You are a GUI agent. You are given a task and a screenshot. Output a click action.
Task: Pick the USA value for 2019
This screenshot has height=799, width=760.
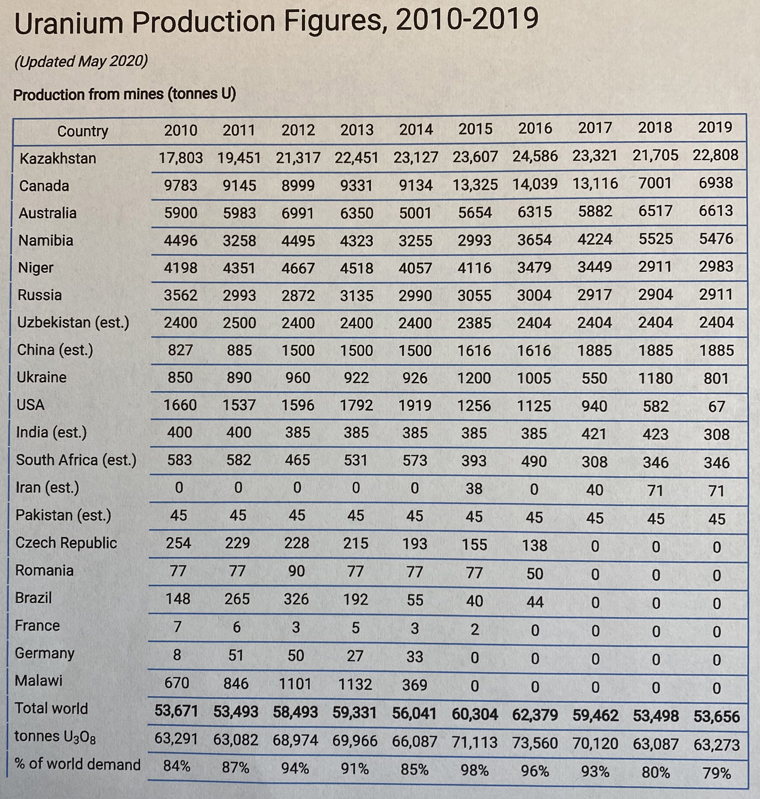click(x=716, y=406)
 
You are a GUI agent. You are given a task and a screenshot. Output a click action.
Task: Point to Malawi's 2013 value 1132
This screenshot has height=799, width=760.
click(x=355, y=684)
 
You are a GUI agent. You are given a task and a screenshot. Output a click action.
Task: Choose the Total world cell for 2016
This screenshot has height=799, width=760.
click(x=535, y=715)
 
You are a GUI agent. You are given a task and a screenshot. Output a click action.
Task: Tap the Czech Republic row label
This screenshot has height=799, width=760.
click(x=66, y=543)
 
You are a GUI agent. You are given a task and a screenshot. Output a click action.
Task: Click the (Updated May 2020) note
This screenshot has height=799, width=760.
click(x=81, y=61)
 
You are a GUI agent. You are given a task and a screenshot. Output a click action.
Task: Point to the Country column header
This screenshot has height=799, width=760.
click(x=83, y=131)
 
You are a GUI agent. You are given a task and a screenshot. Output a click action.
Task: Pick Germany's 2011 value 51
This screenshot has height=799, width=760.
click(x=236, y=655)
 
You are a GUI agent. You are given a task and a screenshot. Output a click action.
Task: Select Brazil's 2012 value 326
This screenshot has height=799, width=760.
click(x=296, y=599)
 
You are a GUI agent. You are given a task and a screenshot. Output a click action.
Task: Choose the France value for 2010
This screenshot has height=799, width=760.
click(x=177, y=626)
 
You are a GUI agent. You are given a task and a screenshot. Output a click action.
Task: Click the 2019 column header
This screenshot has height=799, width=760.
click(x=715, y=128)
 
